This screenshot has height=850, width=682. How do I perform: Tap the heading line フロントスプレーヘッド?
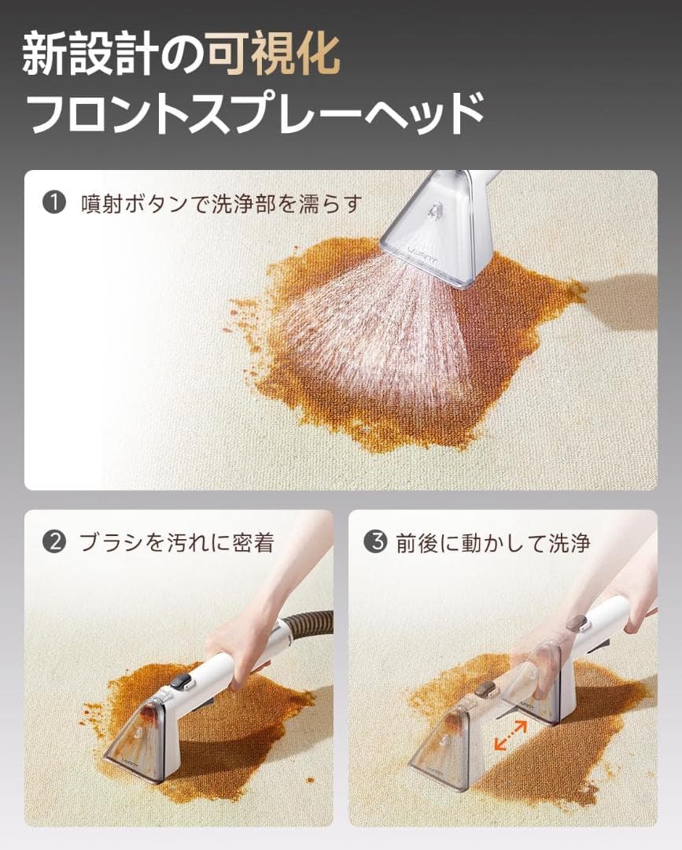click(x=254, y=113)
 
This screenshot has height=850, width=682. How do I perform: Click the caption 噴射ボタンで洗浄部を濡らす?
click(x=220, y=204)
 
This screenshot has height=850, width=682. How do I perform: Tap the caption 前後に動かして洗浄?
click(x=492, y=543)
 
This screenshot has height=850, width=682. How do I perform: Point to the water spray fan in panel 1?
click(x=370, y=331)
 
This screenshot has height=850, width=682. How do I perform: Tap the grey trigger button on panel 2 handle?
click(x=182, y=682)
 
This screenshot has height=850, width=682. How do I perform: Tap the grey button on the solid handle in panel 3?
click(x=581, y=623)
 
